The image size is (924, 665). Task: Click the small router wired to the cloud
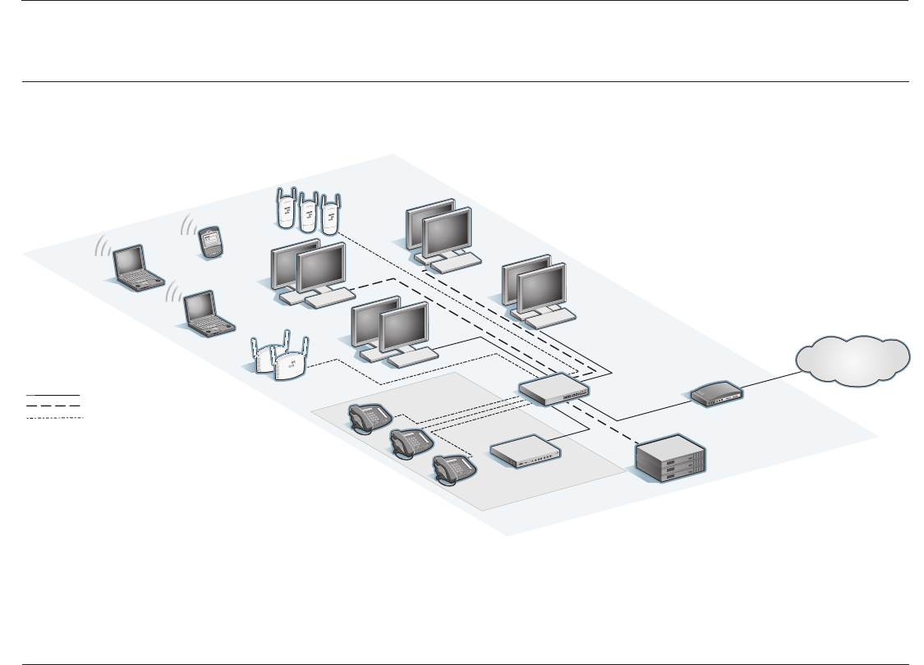tap(717, 396)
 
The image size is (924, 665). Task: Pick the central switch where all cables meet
tap(554, 388)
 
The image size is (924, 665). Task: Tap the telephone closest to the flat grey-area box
tap(454, 471)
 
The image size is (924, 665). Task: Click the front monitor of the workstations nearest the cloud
tap(541, 290)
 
